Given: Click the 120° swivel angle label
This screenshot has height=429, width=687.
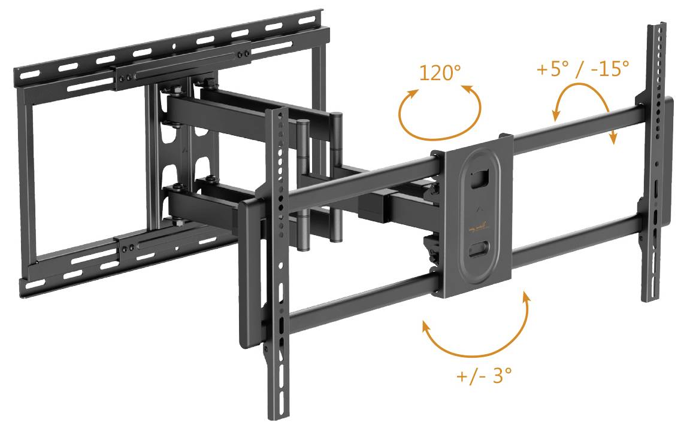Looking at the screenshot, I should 440,73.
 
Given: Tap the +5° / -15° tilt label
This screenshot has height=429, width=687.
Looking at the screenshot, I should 583,69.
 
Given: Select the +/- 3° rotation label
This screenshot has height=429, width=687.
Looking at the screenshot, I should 484,376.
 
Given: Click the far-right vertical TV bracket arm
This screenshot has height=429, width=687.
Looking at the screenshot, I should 655,168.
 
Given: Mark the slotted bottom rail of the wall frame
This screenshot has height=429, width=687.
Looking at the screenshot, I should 120,263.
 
